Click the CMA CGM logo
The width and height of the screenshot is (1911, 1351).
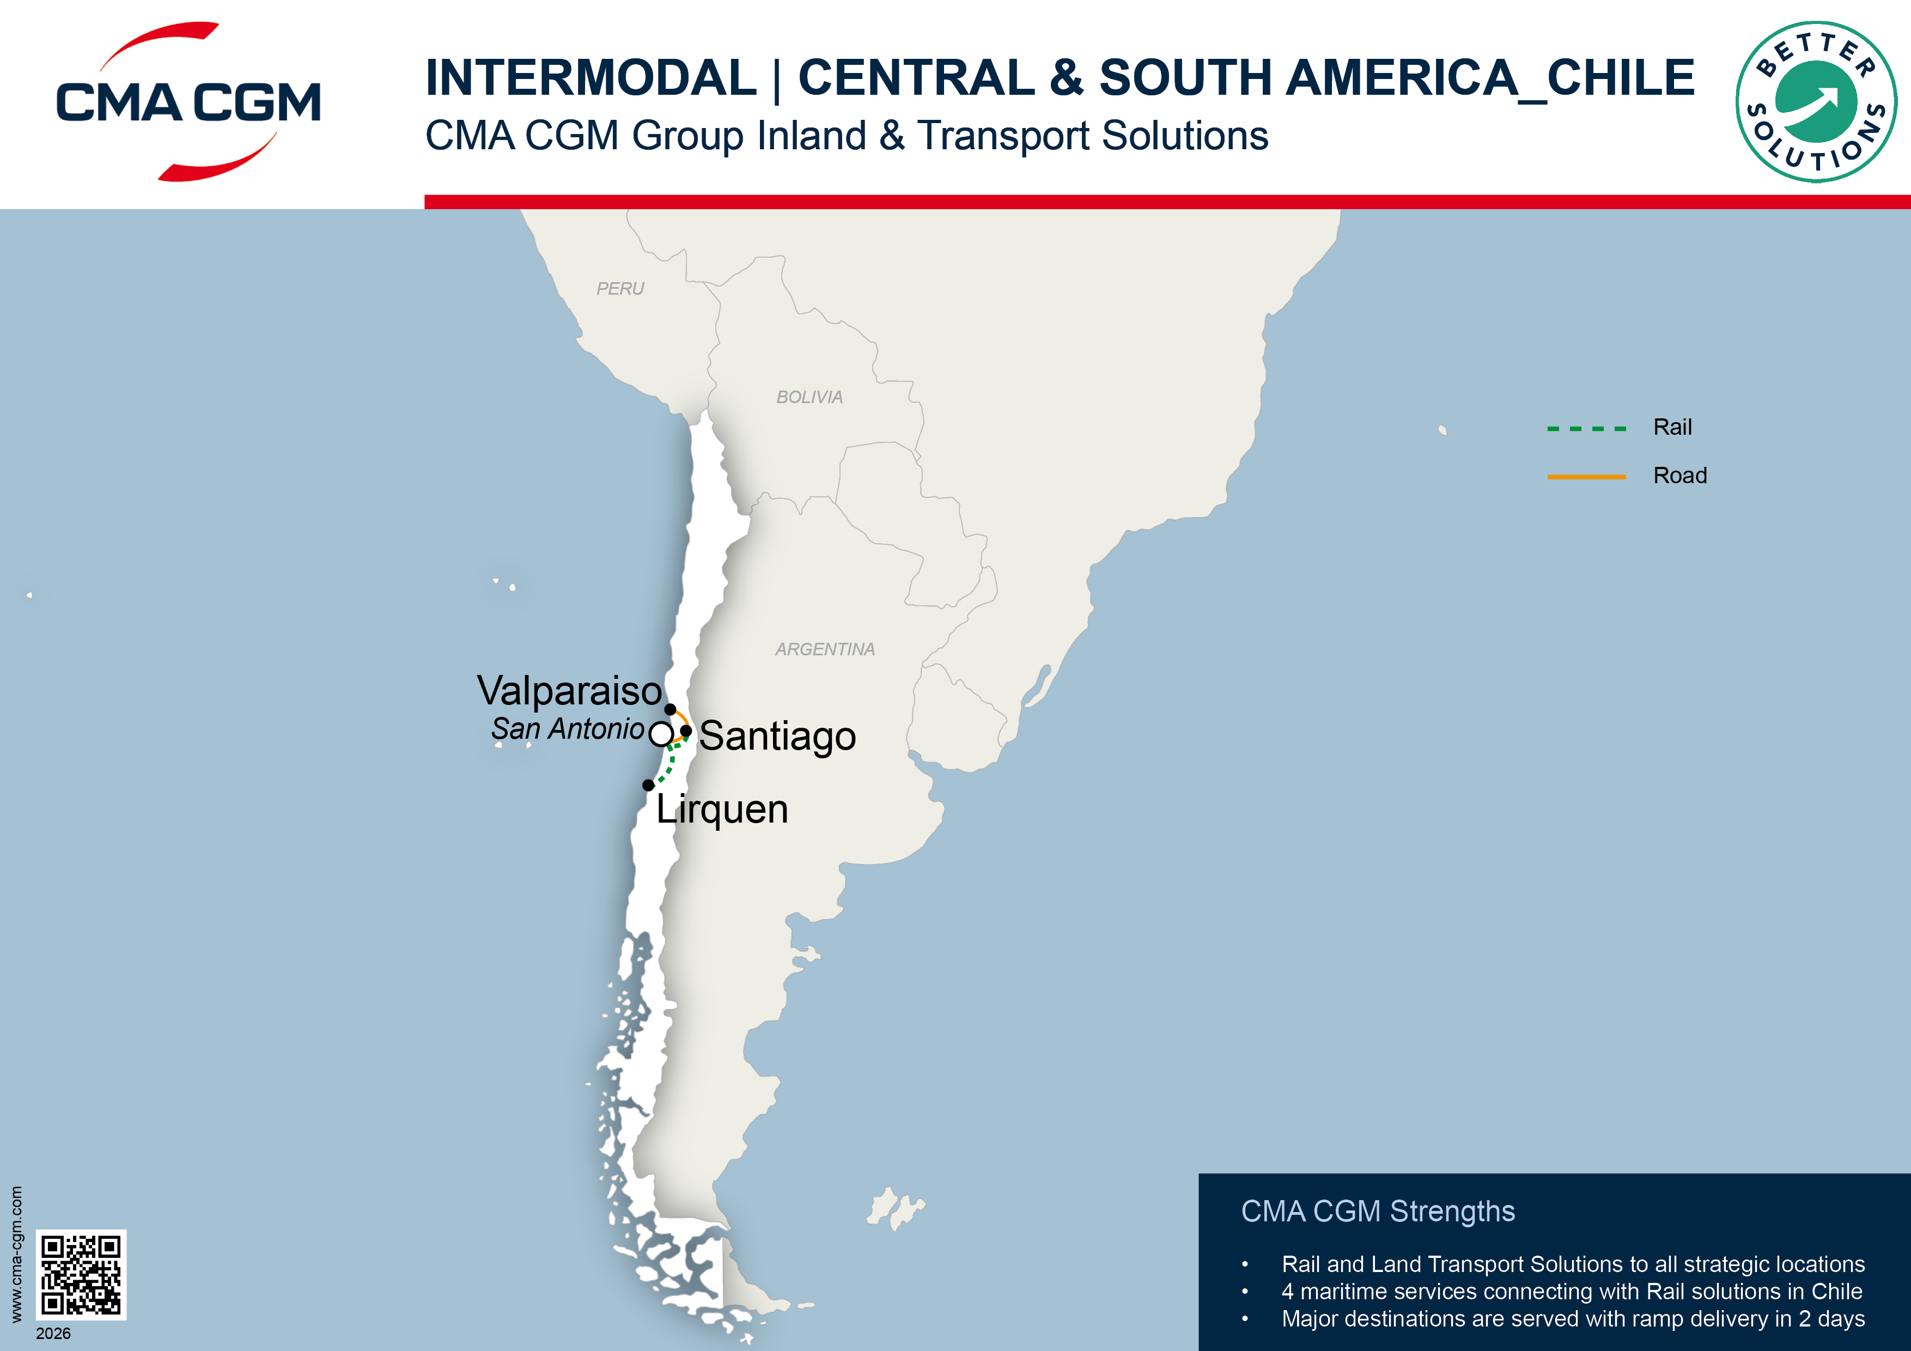point(188,101)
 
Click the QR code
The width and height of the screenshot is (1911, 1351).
point(81,1274)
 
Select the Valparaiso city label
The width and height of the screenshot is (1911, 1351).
point(569,690)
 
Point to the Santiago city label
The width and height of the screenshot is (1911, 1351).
point(777,736)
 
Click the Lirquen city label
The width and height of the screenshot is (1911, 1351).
point(722,809)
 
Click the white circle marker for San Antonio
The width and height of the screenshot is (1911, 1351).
point(661,734)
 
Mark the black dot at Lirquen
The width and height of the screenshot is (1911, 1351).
point(648,785)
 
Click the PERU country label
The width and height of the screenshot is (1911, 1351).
point(620,289)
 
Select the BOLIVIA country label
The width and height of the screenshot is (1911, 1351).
point(809,397)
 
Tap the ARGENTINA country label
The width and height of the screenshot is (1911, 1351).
point(825,649)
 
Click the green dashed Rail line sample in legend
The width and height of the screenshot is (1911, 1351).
point(1586,429)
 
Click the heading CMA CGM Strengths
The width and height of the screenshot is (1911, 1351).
point(1378,1211)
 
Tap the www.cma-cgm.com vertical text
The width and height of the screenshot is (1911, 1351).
point(16,1253)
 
